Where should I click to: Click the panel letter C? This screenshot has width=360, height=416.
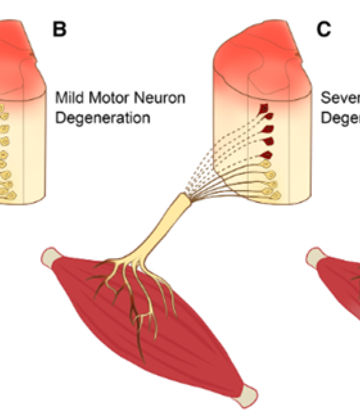pyautogui.click(x=324, y=29)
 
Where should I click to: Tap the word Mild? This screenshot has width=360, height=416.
pyautogui.click(x=67, y=99)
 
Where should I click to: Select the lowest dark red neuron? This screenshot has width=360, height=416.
pyautogui.click(x=267, y=154)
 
